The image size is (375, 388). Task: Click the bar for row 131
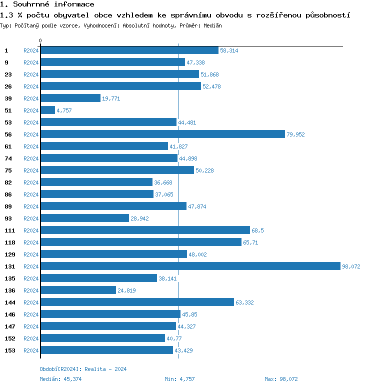click(190, 266)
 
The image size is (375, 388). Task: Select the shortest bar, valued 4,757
click(47, 110)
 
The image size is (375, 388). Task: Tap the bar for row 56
click(162, 134)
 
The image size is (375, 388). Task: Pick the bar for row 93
click(84, 218)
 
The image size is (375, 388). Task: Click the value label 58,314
click(229, 50)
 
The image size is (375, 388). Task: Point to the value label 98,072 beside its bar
click(351, 266)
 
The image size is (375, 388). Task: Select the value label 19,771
click(111, 98)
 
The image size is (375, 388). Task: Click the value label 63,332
click(244, 302)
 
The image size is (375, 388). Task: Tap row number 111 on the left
click(9, 230)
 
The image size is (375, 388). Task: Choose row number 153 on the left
click(9, 350)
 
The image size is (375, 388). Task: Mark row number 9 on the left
click(6, 62)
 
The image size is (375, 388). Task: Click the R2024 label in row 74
click(31, 158)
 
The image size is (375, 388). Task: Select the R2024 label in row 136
click(31, 290)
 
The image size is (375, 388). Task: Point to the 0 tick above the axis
click(40, 40)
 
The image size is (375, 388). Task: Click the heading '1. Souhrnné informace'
click(47, 4)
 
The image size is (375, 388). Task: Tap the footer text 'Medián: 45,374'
click(61, 379)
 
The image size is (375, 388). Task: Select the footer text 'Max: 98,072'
click(281, 379)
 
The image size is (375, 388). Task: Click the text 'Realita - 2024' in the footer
click(105, 369)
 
